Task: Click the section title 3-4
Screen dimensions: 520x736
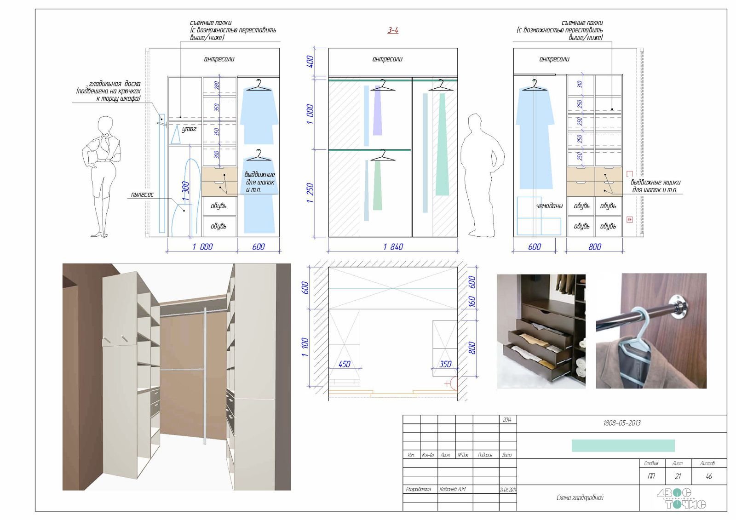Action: [x=393, y=30]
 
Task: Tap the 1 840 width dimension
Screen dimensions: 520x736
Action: [x=393, y=247]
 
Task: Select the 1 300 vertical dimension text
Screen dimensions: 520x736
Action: [x=185, y=191]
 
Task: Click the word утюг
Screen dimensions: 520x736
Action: [x=189, y=129]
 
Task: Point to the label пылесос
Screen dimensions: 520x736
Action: [x=143, y=194]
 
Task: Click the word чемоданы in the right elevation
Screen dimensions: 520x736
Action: [x=549, y=206]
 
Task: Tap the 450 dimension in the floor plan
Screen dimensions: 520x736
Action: [x=345, y=364]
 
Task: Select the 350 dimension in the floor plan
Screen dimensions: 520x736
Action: [x=445, y=364]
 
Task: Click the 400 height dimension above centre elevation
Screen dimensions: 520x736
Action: [x=310, y=61]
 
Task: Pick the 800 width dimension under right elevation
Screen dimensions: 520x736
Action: [x=595, y=247]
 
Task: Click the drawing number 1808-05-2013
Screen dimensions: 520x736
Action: [x=621, y=423]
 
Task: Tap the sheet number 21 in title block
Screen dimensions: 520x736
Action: [x=678, y=476]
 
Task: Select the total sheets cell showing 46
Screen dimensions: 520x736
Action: [x=708, y=476]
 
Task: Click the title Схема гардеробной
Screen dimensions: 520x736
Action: [x=580, y=497]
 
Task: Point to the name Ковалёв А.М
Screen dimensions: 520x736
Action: [x=453, y=489]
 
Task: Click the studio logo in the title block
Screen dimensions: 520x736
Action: [x=682, y=499]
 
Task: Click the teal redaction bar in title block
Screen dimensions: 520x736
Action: [x=623, y=446]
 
